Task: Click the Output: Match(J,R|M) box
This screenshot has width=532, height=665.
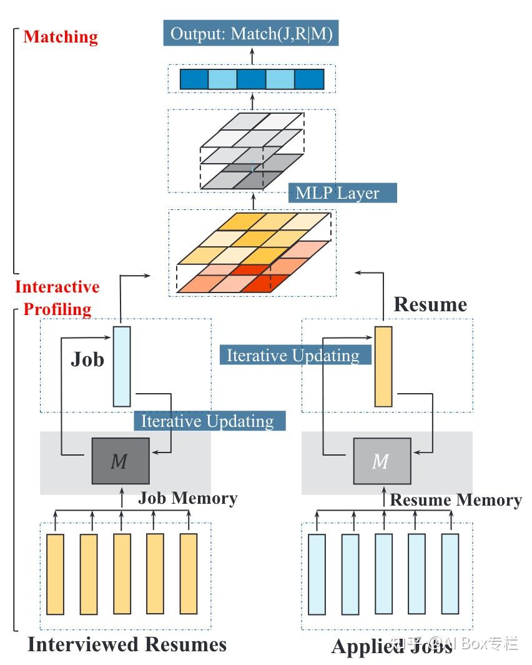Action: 251,33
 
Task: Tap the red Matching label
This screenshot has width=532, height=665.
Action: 61,37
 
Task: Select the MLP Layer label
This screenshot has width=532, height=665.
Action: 337,192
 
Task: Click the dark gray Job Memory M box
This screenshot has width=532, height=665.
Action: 120,461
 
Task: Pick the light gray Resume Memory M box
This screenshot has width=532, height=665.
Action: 382,461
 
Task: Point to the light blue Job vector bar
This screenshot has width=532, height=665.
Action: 122,366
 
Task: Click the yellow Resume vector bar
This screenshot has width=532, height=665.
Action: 383,366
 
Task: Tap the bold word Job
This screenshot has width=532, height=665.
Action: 87,360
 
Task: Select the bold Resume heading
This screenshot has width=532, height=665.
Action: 430,304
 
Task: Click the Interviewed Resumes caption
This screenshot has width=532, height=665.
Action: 127,644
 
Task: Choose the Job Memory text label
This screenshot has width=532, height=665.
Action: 187,498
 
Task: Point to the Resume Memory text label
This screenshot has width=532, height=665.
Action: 456,500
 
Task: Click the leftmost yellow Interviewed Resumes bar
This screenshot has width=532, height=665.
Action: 56,574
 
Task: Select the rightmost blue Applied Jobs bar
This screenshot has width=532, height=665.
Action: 450,574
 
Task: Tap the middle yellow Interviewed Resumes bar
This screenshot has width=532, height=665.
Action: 122,574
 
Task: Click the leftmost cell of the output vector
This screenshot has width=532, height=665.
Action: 194,79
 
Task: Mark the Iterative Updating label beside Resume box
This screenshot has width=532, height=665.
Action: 293,356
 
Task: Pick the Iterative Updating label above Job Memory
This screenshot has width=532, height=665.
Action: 208,421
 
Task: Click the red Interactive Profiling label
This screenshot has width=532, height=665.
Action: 57,297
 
